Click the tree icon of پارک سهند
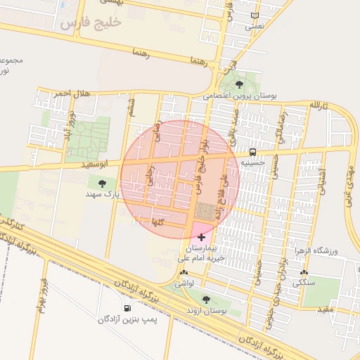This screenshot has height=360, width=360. point(103,183)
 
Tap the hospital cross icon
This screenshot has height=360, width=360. point(202,238)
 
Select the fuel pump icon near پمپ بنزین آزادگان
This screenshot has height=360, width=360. point(127,308)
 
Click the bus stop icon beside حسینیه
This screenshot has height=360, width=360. point(252,152)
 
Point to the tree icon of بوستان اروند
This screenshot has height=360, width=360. point(205,300)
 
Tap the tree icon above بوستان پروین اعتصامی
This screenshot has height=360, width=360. point(240,84)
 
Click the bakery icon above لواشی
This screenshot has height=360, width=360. point(184,272)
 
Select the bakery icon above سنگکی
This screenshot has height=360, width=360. point(304,272)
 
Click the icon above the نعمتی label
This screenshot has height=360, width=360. point(255,15)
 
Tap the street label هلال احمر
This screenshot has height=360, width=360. point(70,94)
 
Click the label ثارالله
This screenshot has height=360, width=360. point(321,105)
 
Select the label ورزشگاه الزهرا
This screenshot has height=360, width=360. point(334,251)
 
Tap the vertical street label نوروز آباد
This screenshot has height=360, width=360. point(68,124)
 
